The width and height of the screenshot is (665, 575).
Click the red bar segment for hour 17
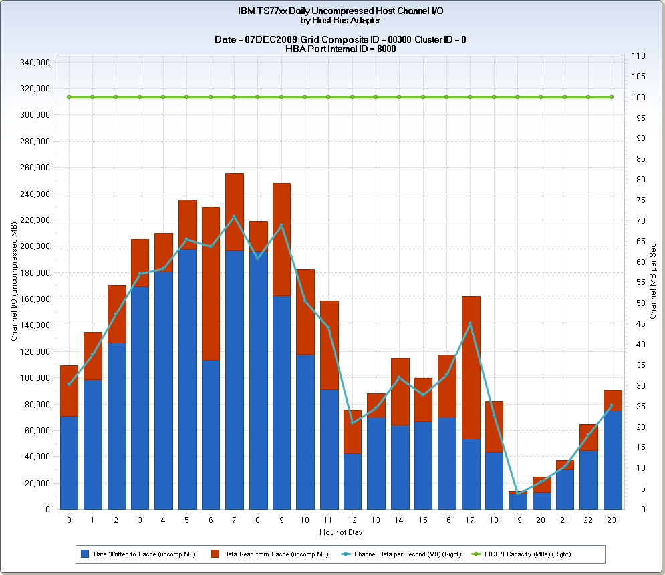click(x=471, y=367)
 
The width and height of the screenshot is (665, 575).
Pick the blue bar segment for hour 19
click(x=518, y=502)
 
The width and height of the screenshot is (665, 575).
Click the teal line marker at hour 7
click(x=234, y=216)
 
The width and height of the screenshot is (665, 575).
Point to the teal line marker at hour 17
click(x=470, y=324)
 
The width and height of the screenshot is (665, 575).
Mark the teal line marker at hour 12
click(x=352, y=422)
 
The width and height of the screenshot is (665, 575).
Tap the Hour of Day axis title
click(x=340, y=532)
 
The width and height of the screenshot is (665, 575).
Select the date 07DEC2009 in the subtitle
click(x=271, y=39)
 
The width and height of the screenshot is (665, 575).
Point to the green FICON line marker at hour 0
click(x=69, y=97)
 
